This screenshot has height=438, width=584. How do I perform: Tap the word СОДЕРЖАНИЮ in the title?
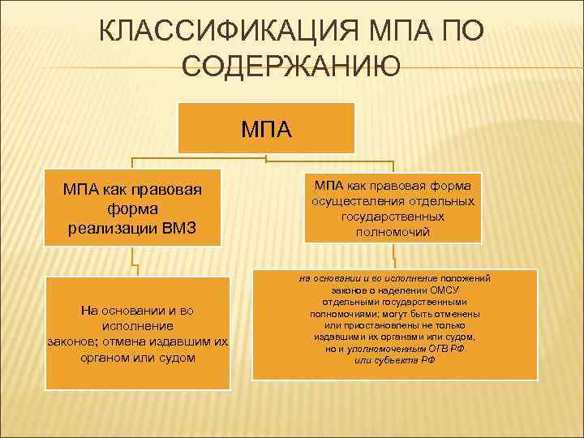pos(292,68)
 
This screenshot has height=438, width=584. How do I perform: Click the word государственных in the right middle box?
pos(393,217)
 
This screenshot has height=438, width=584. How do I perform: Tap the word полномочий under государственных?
pos(393,232)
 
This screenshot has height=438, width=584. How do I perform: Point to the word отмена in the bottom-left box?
pos(119,341)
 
